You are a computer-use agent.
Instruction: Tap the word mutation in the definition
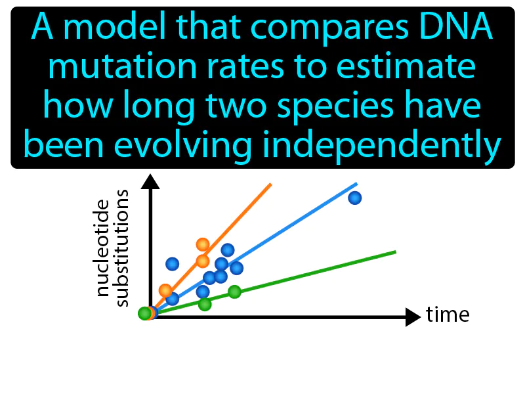click(x=103, y=69)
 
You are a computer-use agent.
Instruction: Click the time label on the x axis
click(x=448, y=316)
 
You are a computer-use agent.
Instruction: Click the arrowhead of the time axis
click(x=413, y=317)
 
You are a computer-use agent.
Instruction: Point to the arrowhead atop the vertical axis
click(x=151, y=179)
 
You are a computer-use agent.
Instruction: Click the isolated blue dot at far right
click(x=354, y=198)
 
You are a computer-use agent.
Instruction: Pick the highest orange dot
click(x=202, y=245)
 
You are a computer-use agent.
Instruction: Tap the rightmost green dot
click(x=234, y=292)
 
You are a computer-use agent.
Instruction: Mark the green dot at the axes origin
click(x=144, y=314)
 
